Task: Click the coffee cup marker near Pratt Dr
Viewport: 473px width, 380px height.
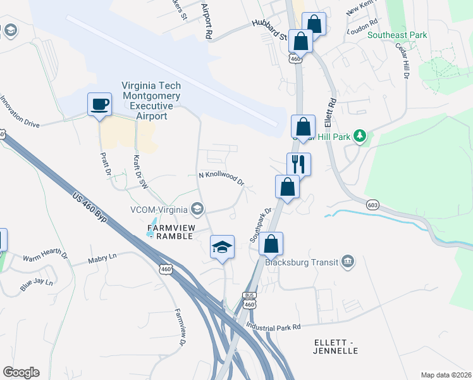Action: (99, 104)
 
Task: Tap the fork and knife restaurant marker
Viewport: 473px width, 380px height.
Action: (298, 165)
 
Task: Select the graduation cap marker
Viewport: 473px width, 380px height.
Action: (222, 247)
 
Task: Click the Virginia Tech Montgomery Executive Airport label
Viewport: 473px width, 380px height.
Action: (151, 101)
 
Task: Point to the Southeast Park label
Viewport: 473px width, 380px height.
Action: (398, 35)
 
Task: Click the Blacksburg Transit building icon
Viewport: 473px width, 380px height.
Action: (347, 262)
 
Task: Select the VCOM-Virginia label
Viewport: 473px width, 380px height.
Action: (159, 210)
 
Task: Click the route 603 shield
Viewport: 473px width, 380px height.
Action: (372, 205)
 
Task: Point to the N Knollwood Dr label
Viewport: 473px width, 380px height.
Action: (221, 178)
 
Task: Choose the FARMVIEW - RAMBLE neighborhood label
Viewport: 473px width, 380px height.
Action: (169, 232)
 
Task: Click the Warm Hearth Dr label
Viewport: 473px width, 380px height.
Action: (45, 257)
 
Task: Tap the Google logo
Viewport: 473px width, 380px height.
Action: (21, 372)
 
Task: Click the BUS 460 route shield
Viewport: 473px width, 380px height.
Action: (249, 300)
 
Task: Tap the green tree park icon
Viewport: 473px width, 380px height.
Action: (359, 136)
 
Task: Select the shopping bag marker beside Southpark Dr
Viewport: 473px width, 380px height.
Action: (288, 187)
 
